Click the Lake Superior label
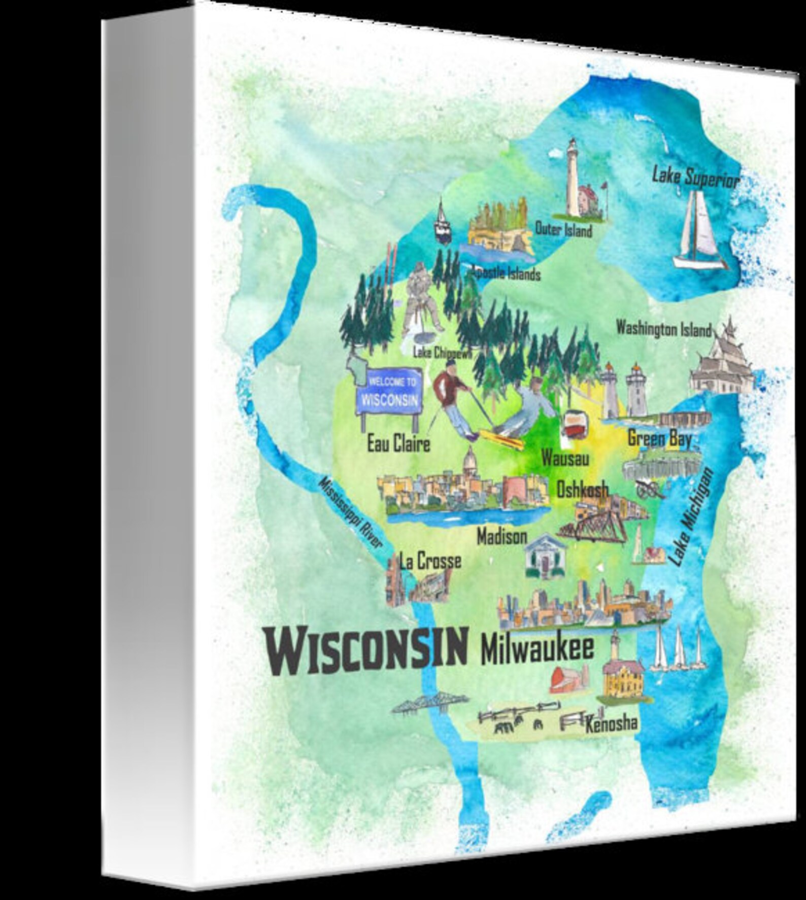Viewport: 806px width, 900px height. (x=695, y=178)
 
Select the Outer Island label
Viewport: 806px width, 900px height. (x=563, y=230)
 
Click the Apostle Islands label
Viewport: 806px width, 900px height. (x=505, y=273)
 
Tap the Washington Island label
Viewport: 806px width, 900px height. (x=663, y=329)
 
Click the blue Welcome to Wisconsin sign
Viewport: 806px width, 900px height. (x=389, y=392)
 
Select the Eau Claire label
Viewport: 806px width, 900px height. (x=398, y=444)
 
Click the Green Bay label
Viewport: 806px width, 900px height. (x=659, y=439)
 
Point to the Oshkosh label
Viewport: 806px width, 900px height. (x=582, y=490)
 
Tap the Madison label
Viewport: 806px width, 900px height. (x=502, y=537)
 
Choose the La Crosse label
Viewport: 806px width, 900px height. (x=430, y=561)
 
